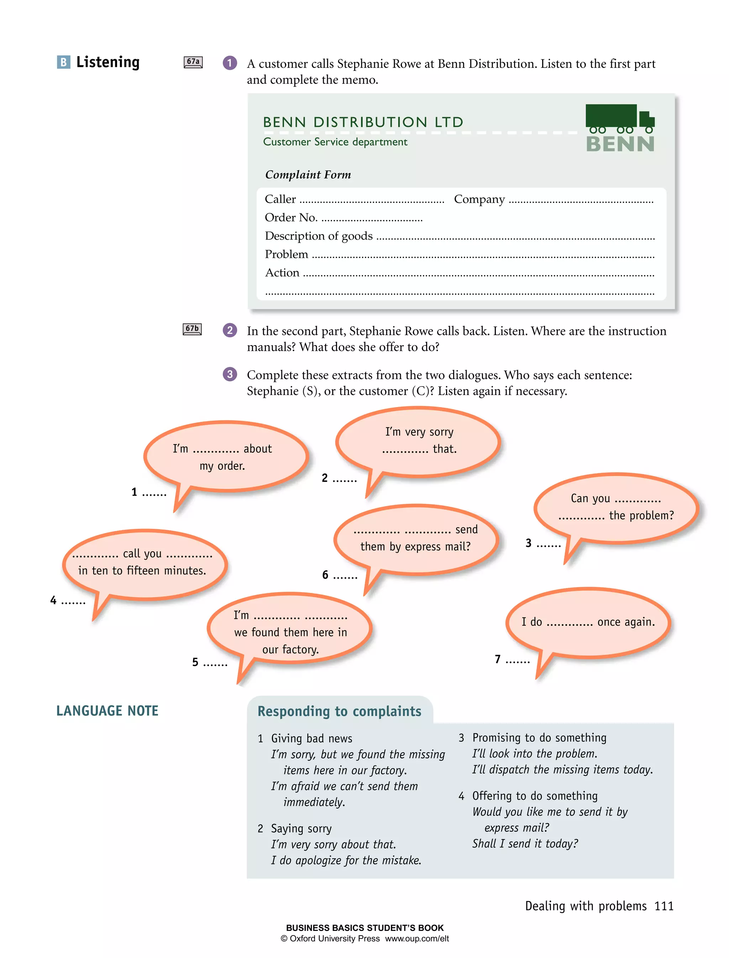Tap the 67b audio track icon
pyautogui.click(x=192, y=329)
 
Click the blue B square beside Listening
pyautogui.click(x=63, y=62)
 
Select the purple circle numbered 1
pyautogui.click(x=230, y=63)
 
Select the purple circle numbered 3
pyautogui.click(x=230, y=374)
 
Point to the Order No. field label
pyautogui.click(x=291, y=217)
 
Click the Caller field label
pyautogui.click(x=280, y=199)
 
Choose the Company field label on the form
pyautogui.click(x=479, y=199)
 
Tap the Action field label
pyautogui.click(x=282, y=273)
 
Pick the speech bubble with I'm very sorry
pyautogui.click(x=418, y=440)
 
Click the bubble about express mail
pyautogui.click(x=416, y=538)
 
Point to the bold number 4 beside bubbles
pyautogui.click(x=53, y=600)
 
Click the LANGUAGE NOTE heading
pyautogui.click(x=107, y=711)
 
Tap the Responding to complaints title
pyautogui.click(x=339, y=711)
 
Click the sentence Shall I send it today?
pyautogui.click(x=525, y=843)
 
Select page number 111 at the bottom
pyautogui.click(x=664, y=906)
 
